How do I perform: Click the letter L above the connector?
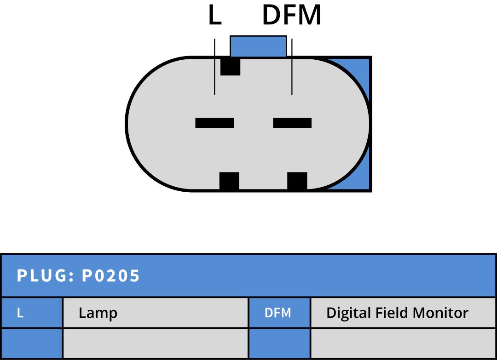tap(214, 16)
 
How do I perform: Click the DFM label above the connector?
tap(291, 16)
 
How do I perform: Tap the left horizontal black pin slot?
tap(214, 123)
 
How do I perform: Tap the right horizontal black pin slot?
tap(292, 123)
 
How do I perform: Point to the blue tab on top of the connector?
tap(258, 46)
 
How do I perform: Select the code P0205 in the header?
tap(111, 276)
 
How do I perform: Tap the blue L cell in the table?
tap(32, 313)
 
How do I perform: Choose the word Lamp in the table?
tap(98, 313)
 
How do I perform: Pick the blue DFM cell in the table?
tap(279, 313)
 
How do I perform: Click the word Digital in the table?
tap(348, 313)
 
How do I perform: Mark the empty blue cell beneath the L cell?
tap(32, 343)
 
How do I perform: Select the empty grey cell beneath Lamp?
tap(155, 343)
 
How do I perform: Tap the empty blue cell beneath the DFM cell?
tap(279, 343)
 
